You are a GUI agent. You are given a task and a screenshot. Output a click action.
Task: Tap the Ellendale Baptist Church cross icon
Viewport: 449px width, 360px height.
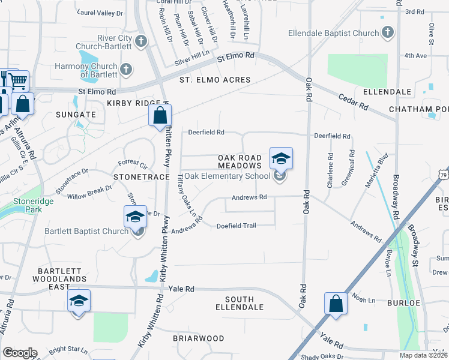pos(388,32)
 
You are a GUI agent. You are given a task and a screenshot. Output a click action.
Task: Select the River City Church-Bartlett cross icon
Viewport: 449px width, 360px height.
pos(141,41)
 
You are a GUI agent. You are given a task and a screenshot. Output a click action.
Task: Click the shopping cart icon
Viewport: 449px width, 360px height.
pos(19,80)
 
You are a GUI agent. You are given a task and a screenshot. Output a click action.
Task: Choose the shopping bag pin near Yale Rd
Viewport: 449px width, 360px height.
pos(336,304)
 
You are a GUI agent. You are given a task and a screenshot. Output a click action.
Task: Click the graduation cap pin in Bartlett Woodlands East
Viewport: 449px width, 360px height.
pos(79,301)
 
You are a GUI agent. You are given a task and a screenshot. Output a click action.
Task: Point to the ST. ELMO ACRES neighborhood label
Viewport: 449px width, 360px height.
pos(214,80)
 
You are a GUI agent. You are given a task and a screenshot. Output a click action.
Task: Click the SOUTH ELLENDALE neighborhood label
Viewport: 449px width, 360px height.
pos(244,303)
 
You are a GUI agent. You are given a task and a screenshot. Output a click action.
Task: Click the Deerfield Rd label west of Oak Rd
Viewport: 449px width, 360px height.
pos(206,132)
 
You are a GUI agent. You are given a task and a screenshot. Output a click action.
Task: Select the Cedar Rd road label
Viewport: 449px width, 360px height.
pos(353,101)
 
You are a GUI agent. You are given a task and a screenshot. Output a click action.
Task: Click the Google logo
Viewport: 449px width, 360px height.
pos(20,353)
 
